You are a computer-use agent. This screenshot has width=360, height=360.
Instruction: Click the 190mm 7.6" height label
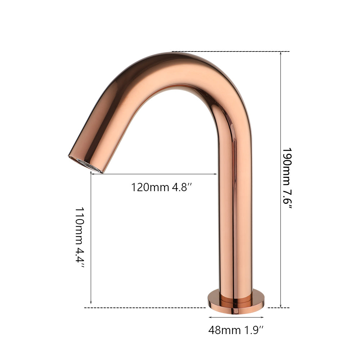[287, 179]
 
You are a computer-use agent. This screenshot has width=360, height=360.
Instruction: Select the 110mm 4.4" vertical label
[80, 238]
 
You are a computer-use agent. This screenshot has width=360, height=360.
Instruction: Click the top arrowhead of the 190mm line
[281, 53]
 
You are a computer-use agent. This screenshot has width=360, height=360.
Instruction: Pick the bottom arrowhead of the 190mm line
[281, 306]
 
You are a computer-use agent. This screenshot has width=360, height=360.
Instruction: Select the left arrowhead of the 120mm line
[92, 174]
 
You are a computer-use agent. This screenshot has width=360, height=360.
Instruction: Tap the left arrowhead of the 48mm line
[210, 317]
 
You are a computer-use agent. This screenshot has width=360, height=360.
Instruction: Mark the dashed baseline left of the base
[144, 308]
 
